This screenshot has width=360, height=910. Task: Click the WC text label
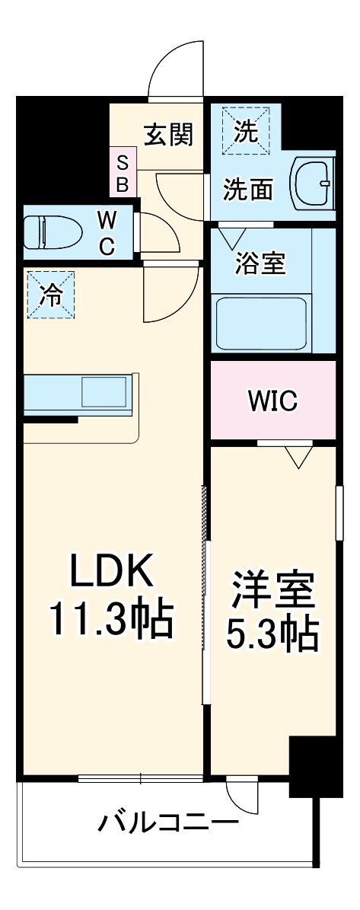[x=107, y=233]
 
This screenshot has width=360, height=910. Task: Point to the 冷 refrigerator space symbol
[x=51, y=294]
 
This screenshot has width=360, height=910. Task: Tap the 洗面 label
[x=247, y=189]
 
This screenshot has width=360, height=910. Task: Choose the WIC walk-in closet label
[x=272, y=401]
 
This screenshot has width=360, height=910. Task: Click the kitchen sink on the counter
[x=103, y=392]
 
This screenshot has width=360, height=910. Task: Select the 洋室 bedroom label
[x=273, y=589]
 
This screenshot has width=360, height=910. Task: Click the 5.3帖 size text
[x=273, y=633]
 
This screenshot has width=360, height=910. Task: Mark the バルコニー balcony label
[x=167, y=823]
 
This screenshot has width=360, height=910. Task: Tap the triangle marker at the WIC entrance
[x=299, y=457]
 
